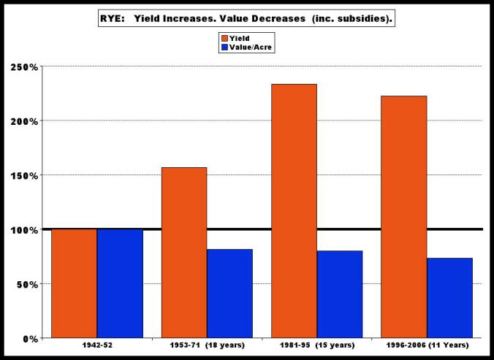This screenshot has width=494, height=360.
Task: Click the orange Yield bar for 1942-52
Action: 74,283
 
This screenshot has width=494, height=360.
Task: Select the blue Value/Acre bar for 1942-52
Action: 120,283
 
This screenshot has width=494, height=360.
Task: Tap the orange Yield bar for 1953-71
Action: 184,253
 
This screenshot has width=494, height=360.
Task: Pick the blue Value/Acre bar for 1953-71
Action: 229,294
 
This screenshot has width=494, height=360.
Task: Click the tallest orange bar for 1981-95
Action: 294,211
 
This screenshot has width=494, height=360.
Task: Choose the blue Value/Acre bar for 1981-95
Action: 340,294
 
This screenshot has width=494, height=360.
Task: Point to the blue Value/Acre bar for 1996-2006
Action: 449,298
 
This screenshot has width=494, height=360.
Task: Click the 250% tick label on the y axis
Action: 24,67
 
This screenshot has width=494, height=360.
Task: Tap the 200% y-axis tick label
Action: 24,121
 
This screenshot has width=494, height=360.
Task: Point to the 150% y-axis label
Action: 24,176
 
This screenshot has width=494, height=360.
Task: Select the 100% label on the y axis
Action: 24,230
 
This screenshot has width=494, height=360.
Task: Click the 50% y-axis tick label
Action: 27,284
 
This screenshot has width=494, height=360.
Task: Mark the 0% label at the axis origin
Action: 30,339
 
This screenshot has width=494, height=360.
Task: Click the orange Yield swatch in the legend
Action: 224,37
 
